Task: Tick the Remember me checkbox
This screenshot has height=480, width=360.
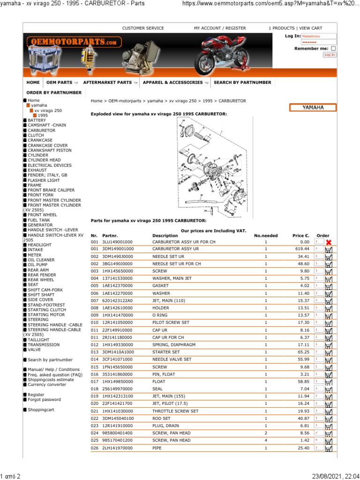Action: [333, 48]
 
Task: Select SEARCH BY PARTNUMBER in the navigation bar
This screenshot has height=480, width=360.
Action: [242, 82]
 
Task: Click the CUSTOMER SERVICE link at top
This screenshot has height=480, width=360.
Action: [143, 28]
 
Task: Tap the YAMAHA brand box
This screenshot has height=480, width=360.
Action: [313, 108]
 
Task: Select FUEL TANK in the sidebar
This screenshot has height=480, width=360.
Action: [38, 220]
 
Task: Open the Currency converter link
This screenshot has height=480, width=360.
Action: [47, 384]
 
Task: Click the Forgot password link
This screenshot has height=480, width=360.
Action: [44, 400]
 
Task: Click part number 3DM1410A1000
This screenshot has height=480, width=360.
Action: [118, 352]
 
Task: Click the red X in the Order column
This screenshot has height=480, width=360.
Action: [329, 242]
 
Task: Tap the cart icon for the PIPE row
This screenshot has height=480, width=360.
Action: [329, 449]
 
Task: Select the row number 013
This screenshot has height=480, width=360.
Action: [95, 352]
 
